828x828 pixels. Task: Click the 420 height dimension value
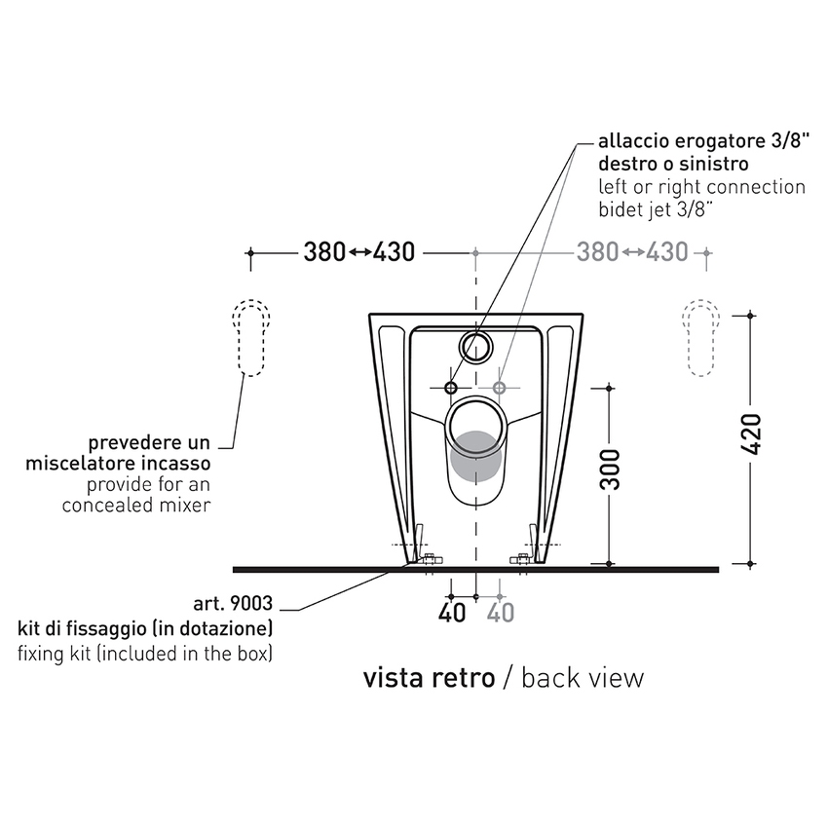point(751,434)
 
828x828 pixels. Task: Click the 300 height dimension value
point(611,470)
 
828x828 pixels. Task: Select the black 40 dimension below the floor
point(452,613)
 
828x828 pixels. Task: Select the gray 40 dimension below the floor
point(500,613)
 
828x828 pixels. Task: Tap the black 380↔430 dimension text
point(359,252)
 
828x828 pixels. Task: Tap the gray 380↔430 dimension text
point(632,252)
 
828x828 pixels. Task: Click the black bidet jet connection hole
point(450,388)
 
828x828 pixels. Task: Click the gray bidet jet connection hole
point(499,388)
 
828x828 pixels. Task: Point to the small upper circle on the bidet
point(476,346)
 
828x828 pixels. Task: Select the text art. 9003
point(233,603)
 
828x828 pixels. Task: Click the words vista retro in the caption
point(429,678)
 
